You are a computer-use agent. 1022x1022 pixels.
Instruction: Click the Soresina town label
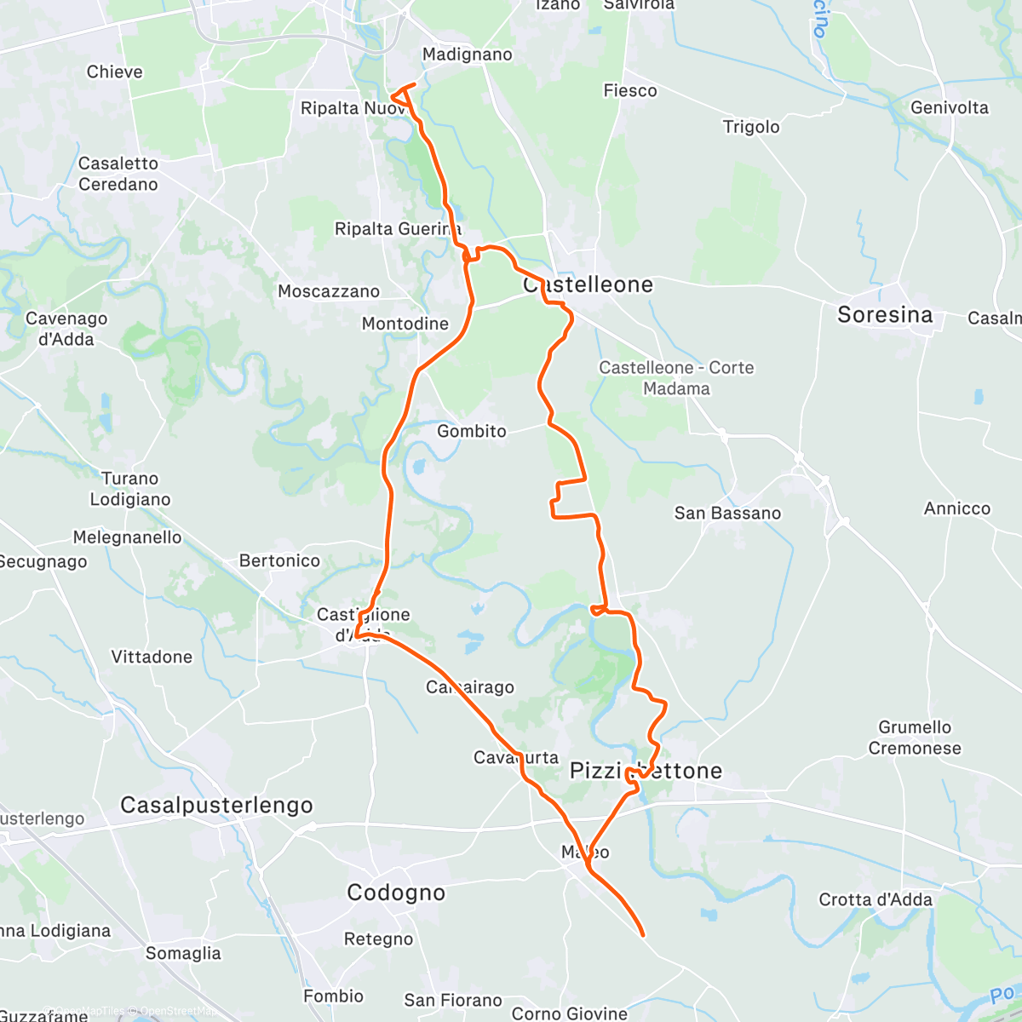[x=885, y=315]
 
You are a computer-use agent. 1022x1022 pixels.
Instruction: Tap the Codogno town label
[x=396, y=893]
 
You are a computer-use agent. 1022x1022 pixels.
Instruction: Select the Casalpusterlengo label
[x=216, y=805]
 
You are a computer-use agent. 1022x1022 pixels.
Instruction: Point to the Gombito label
[x=472, y=431]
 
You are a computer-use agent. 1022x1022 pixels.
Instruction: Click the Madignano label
[x=468, y=55]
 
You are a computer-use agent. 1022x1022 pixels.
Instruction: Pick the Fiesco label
[x=630, y=90]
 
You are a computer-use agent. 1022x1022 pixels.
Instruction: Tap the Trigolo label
[x=751, y=127]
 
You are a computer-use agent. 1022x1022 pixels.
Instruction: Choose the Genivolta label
[x=950, y=107]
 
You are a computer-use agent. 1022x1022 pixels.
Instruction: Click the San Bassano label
[x=727, y=513]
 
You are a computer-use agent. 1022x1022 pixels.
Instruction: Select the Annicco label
[x=957, y=508]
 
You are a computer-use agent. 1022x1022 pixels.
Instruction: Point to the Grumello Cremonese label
[x=915, y=738]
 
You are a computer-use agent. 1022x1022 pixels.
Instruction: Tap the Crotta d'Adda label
[x=876, y=899]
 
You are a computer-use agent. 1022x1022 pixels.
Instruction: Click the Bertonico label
[x=279, y=560]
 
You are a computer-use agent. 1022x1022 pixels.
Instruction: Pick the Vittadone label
[x=152, y=657]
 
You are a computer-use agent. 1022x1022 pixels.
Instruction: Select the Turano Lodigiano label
[x=130, y=489]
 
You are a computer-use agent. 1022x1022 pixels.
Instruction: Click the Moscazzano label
[x=329, y=291]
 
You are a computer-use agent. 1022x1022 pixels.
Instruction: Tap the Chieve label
[x=115, y=72]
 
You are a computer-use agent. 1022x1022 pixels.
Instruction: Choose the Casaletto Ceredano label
[x=118, y=174]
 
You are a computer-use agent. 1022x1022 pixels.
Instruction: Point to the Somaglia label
[x=183, y=953]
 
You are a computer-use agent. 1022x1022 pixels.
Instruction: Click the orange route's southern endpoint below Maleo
[x=642, y=935]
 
